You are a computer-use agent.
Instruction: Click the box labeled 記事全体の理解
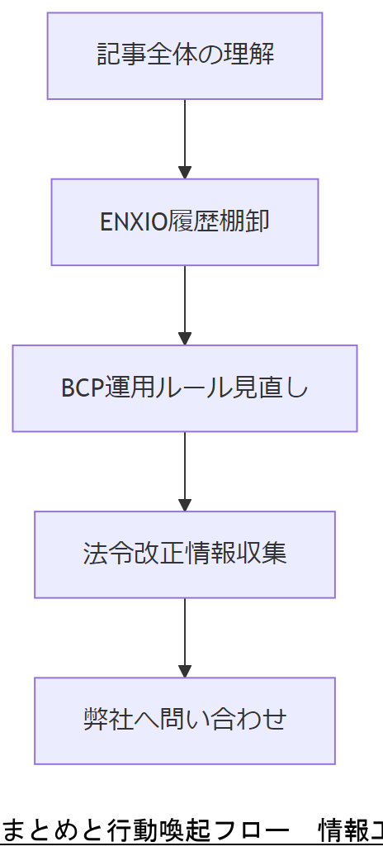pyautogui.click(x=185, y=56)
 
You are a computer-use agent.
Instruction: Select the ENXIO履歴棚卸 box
pyautogui.click(x=185, y=222)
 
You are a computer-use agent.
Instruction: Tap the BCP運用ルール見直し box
pyautogui.click(x=185, y=388)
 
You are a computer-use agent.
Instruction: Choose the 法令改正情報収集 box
pyautogui.click(x=185, y=554)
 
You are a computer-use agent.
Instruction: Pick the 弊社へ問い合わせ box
pyautogui.click(x=185, y=720)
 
